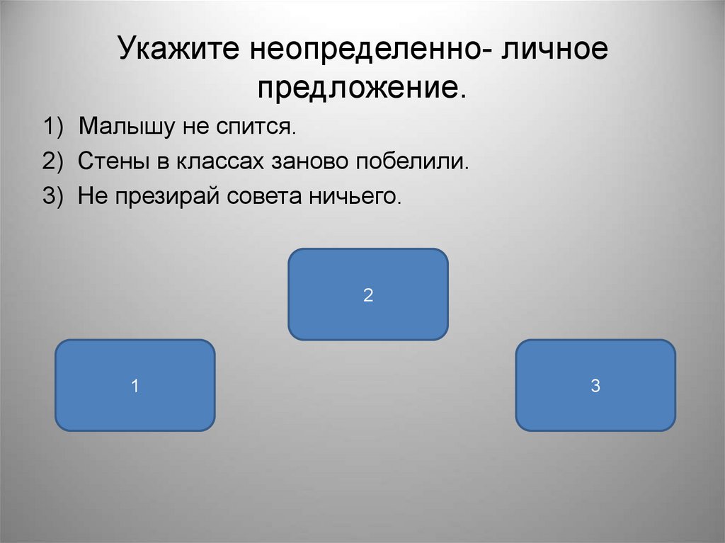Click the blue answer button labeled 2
[368, 295]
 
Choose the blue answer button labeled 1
[135, 386]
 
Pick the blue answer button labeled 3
[595, 386]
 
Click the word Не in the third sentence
[91, 195]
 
